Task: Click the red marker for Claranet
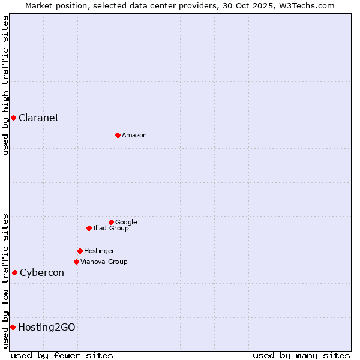(13, 118)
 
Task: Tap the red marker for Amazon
(118, 135)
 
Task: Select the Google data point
(111, 222)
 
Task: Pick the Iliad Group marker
(89, 228)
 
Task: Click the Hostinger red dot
(80, 251)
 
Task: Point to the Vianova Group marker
(76, 262)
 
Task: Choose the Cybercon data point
(14, 272)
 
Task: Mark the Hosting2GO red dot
(13, 327)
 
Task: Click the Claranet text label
(38, 118)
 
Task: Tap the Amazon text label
(134, 135)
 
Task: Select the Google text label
(126, 222)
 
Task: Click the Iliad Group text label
(111, 228)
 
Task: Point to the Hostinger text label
(99, 251)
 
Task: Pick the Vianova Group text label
(104, 262)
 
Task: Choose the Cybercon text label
(42, 272)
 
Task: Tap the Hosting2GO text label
(47, 327)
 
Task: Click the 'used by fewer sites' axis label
(62, 355)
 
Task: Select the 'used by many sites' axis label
(301, 355)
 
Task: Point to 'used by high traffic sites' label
(5, 85)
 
